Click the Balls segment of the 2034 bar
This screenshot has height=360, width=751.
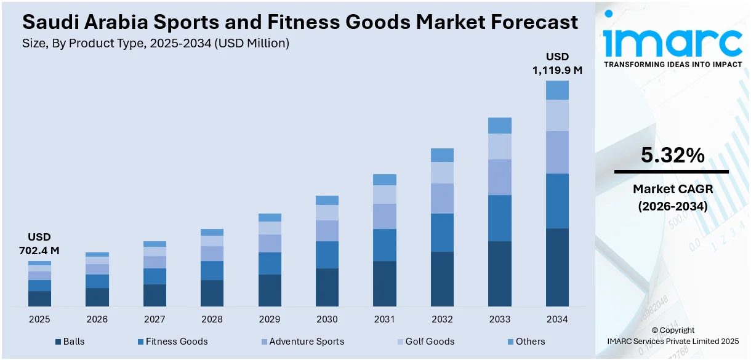[557, 267]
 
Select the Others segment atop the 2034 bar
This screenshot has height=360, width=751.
[557, 90]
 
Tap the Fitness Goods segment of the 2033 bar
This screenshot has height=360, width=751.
[499, 218]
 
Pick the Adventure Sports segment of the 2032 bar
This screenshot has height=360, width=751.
[442, 198]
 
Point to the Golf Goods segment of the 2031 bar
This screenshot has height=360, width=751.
[385, 194]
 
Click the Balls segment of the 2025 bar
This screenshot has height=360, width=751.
[39, 298]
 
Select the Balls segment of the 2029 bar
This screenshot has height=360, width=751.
[270, 290]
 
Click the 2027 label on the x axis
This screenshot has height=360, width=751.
[155, 319]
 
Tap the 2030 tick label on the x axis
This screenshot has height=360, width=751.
[327, 319]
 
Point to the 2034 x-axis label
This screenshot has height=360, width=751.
[557, 319]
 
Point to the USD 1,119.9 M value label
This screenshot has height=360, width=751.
[557, 64]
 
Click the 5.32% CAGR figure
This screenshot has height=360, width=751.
[672, 156]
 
